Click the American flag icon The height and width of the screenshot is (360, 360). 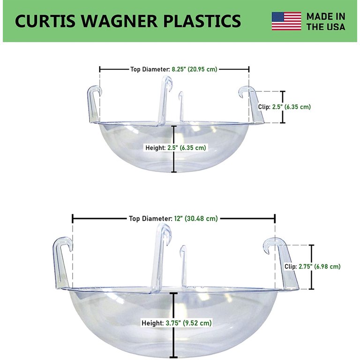[286, 21]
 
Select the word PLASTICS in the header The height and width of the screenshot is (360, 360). [202, 21]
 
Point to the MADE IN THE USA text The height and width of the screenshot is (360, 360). [326, 22]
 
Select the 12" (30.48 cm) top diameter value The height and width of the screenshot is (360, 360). [196, 218]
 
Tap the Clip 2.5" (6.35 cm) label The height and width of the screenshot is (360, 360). [285, 107]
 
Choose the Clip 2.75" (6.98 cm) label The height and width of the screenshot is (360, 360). [313, 267]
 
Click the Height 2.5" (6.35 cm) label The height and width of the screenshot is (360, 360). [176, 148]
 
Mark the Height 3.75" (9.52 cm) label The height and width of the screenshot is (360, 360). [176, 323]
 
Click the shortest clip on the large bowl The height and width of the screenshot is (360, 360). [183, 266]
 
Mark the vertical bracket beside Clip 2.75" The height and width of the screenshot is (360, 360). [312, 267]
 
